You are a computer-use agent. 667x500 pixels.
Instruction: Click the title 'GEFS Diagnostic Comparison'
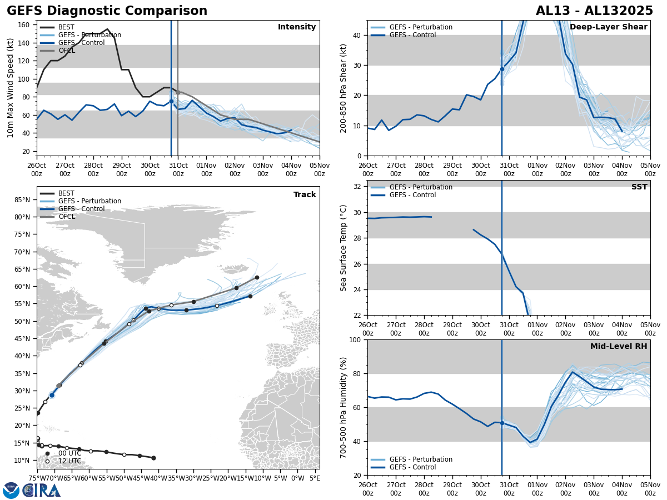click(107, 11)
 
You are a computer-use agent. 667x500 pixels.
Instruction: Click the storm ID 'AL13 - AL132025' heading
click(594, 11)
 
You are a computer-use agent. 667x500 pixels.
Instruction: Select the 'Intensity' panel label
click(296, 27)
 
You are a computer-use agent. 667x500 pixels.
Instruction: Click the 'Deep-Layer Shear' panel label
click(608, 27)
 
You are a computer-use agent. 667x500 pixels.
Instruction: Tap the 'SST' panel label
click(639, 187)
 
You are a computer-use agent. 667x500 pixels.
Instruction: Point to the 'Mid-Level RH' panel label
click(618, 347)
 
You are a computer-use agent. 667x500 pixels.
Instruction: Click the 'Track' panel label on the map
click(305, 195)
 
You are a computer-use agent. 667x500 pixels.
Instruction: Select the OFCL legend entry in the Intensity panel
click(66, 51)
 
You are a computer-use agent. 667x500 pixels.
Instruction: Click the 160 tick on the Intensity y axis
click(25, 25)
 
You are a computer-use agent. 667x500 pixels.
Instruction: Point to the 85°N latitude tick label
click(22, 199)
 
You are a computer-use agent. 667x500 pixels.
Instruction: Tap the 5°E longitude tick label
click(315, 477)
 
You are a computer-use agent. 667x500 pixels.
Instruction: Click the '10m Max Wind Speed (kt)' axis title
click(11, 88)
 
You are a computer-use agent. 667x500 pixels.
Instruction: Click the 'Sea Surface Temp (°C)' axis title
click(344, 248)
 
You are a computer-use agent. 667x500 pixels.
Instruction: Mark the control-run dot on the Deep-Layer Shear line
click(502, 69)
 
